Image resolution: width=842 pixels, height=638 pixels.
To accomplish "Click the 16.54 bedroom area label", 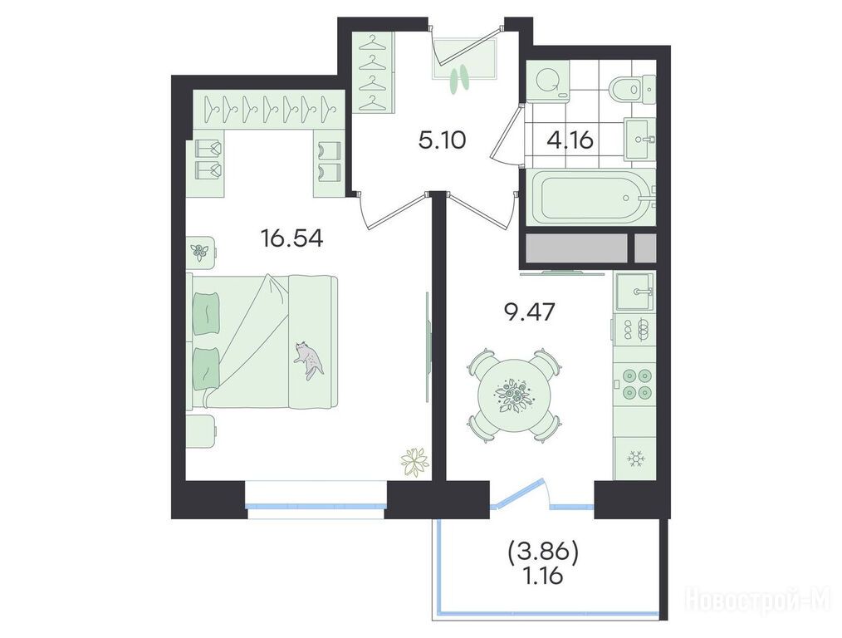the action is pos(291,238).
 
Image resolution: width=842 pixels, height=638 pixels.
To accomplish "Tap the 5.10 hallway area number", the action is pos(442,140).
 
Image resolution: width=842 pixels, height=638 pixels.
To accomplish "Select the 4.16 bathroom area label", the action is pos(570,140).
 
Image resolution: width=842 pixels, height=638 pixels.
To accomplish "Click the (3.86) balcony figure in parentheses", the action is pos(542,553).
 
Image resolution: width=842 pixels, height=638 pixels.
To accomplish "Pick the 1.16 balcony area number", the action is pos(543,577).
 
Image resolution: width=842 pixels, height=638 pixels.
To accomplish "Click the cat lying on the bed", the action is pos(308,360).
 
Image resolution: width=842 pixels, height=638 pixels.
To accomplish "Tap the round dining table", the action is pos(515,395).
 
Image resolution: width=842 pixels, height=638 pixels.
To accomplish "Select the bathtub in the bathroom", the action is pos(590,198).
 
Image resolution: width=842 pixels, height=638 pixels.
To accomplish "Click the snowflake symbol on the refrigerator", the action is pos(637,459).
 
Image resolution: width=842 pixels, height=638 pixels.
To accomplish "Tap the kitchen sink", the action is pos(635,292).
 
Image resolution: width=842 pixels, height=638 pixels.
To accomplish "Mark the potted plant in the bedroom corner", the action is pos(415,461).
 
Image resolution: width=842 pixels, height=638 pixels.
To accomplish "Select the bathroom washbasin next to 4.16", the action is pos(640,139).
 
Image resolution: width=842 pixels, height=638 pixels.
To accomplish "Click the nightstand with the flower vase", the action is pos(202,250).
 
